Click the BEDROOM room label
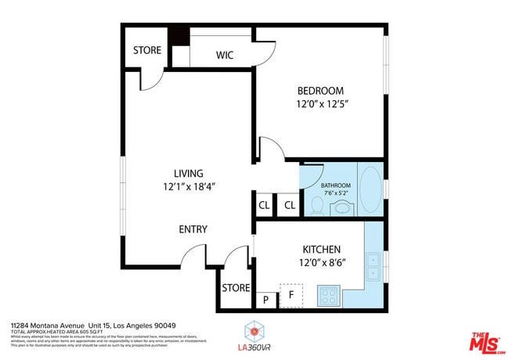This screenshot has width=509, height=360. pos(319,91)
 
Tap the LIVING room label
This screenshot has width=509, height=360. pos(189,174)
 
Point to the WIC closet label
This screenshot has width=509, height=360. pos(225,56)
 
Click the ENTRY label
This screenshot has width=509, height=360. pos(193,229)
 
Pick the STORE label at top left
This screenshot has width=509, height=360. pos(146,50)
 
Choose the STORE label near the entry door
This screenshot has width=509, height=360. pos(236,288)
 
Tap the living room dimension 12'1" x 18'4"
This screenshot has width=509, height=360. pos(189,187)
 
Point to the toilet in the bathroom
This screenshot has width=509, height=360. pos(317,205)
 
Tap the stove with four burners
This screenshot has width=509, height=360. pos(329,297)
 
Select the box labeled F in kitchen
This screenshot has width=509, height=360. pos(291,296)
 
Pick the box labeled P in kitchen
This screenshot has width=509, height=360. pos(265,299)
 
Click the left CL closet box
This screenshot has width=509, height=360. pos(264,205)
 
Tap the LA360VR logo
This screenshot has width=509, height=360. pos(254,336)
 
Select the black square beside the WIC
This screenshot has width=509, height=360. pos(180,36)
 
